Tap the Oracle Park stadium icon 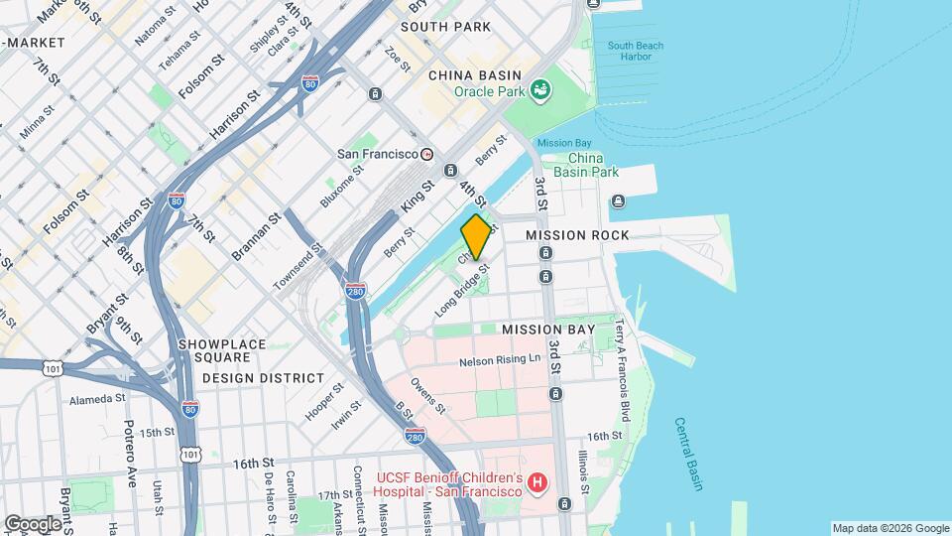(540, 91)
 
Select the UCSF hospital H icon (536, 484)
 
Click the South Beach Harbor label (636, 52)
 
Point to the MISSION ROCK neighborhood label (577, 235)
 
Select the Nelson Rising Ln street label (500, 359)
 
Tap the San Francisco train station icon (426, 155)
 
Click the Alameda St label (97, 399)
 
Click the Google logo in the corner (32, 523)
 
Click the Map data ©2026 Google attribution (890, 528)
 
